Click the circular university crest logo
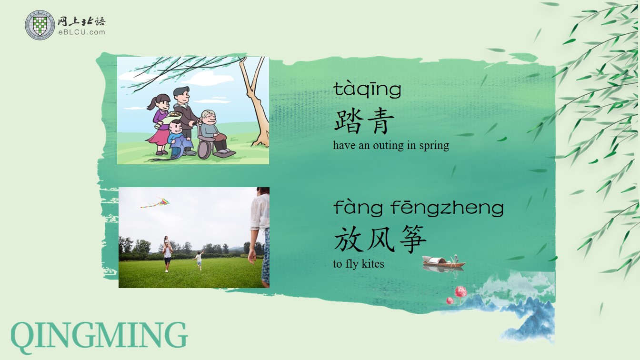pos(40,25)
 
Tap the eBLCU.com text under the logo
pos(82,32)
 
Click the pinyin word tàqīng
pos(368,90)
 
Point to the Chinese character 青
pos(381,121)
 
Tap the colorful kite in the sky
pos(156,202)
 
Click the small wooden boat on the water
pos(443,262)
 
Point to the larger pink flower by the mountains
pos(460,292)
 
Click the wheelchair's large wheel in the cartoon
pos(205,148)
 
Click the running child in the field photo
pos(199,260)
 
